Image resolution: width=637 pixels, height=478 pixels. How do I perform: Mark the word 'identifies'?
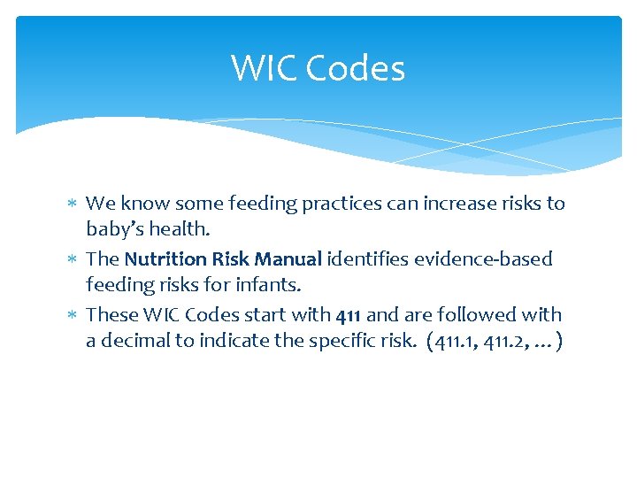[x=367, y=259]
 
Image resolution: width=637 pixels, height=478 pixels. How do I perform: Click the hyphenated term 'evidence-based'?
[x=482, y=259]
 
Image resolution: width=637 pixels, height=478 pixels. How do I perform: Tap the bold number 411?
[x=348, y=315]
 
